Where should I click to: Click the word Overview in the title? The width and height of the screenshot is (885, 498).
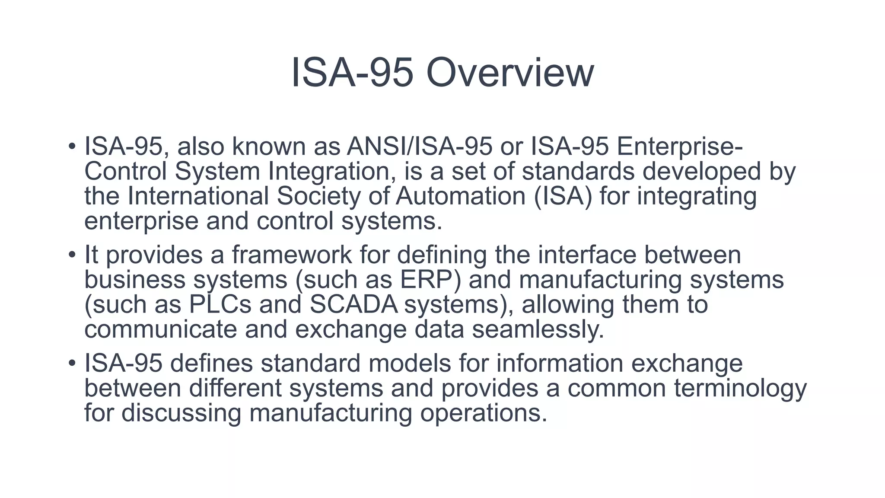point(510,73)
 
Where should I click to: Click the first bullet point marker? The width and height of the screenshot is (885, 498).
point(72,146)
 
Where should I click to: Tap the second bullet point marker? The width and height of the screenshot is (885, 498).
point(72,255)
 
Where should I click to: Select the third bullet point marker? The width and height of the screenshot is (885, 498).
point(72,363)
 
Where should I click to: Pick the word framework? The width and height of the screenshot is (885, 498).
point(292,255)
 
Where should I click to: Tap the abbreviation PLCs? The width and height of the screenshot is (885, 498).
point(220,304)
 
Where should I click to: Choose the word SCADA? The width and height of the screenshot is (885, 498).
point(353,304)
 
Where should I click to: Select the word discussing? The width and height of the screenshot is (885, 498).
point(181,412)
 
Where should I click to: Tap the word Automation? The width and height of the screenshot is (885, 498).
point(460,196)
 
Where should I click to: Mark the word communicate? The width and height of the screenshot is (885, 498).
point(161,329)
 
